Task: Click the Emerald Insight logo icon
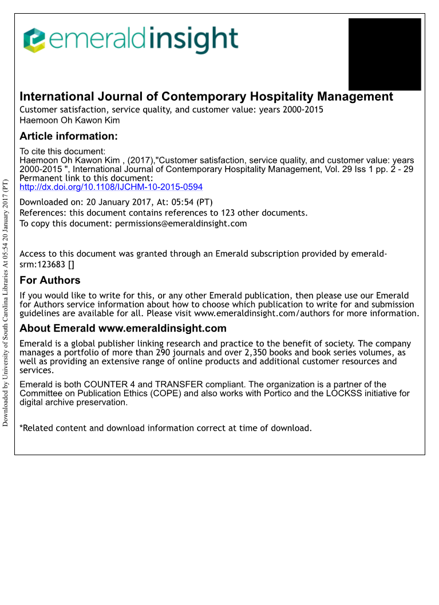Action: click(34, 40)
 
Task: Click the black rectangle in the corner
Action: click(385, 54)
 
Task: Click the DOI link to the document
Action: click(111, 187)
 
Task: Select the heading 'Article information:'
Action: click(69, 136)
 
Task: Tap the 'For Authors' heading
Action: click(50, 280)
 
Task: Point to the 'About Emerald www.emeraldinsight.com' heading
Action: click(123, 328)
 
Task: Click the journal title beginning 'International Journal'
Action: click(206, 97)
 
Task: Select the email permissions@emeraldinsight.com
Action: click(181, 224)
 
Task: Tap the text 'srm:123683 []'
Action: click(47, 264)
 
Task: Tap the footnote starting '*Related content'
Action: click(166, 428)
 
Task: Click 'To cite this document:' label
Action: click(62, 152)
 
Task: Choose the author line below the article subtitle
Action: click(70, 120)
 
